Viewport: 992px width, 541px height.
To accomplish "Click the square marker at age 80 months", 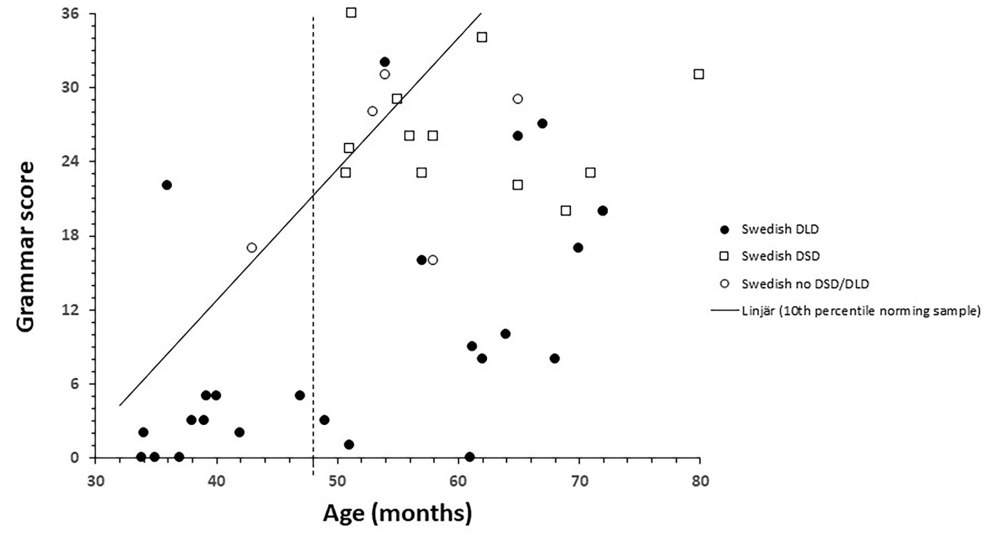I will click(x=698, y=74).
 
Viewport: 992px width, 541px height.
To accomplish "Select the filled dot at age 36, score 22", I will click(x=166, y=185).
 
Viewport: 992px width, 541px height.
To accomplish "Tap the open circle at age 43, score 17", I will click(x=251, y=247).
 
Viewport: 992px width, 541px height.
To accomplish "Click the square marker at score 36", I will click(x=351, y=13).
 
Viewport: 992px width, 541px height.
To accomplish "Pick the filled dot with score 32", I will click(x=384, y=62).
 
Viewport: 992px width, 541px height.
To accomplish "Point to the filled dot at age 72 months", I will click(x=602, y=211).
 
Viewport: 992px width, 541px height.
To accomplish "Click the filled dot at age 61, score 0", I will click(x=469, y=457).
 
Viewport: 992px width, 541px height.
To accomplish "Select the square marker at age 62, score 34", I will click(x=481, y=37).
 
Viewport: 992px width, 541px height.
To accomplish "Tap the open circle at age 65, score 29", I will click(x=518, y=99).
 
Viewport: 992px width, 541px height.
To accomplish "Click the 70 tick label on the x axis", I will click(x=579, y=482).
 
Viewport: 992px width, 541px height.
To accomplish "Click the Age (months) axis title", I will click(x=397, y=514).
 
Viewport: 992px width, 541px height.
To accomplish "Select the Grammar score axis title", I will click(x=26, y=247).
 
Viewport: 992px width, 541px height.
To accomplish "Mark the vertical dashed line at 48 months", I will click(x=313, y=280).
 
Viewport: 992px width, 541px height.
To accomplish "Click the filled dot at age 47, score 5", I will click(x=299, y=395).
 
